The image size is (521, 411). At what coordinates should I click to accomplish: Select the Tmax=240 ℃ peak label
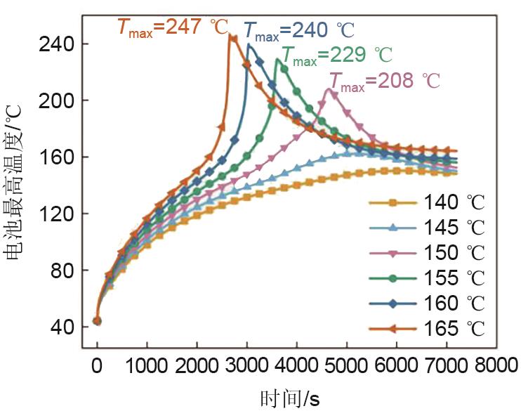[298, 30]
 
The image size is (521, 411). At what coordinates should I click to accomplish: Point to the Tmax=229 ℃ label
[336, 55]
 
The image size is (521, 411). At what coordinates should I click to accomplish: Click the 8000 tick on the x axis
[496, 366]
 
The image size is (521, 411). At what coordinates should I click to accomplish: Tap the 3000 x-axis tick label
[246, 366]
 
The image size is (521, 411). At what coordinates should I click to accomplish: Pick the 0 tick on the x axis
[97, 366]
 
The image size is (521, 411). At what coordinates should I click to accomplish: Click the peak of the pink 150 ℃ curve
[328, 89]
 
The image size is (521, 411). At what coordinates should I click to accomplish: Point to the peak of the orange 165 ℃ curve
[232, 36]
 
